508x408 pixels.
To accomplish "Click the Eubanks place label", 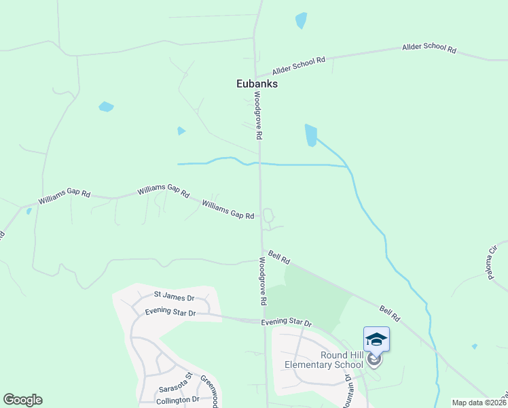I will (257, 84).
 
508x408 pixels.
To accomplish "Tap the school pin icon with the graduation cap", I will (376, 339).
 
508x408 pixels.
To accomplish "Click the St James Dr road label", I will (174, 297).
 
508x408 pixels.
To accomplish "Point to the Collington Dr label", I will (178, 399).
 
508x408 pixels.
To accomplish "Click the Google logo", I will (22, 400).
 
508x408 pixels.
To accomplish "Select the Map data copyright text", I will (479, 403).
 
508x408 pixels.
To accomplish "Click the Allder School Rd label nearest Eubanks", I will (299, 66).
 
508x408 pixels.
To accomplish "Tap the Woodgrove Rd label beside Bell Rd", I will (262, 280).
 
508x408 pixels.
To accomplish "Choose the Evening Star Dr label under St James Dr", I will (170, 313).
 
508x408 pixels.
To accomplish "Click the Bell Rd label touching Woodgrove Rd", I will (279, 257).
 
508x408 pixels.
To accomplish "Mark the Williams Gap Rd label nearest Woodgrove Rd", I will (228, 209).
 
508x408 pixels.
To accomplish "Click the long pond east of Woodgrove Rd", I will (311, 135).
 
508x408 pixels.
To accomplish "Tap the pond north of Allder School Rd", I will (301, 20).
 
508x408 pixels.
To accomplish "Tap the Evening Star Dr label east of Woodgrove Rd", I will (287, 323).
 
